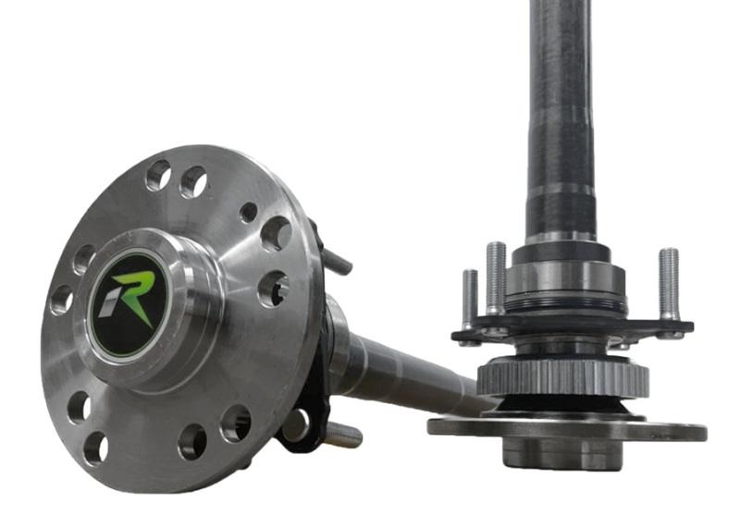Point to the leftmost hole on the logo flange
click(62, 299)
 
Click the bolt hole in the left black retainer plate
click(294, 425)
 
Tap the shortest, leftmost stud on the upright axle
click(470, 298)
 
